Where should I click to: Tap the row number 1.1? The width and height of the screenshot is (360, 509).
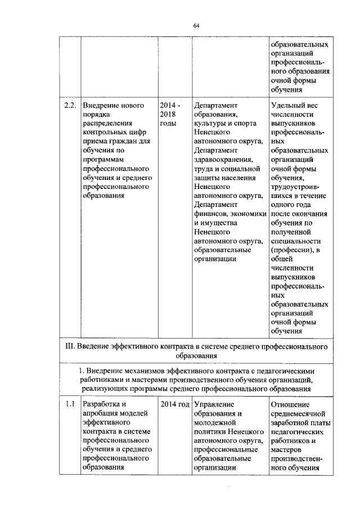(69, 404)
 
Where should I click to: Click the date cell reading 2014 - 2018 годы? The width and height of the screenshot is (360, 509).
(170, 115)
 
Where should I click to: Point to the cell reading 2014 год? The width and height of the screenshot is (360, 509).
(174, 404)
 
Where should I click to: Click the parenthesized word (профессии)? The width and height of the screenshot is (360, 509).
(292, 249)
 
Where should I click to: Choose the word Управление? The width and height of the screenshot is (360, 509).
(213, 404)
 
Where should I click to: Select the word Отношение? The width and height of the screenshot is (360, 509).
(290, 404)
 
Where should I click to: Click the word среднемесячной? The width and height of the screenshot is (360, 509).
(299, 413)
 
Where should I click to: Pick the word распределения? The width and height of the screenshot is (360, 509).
(108, 123)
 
